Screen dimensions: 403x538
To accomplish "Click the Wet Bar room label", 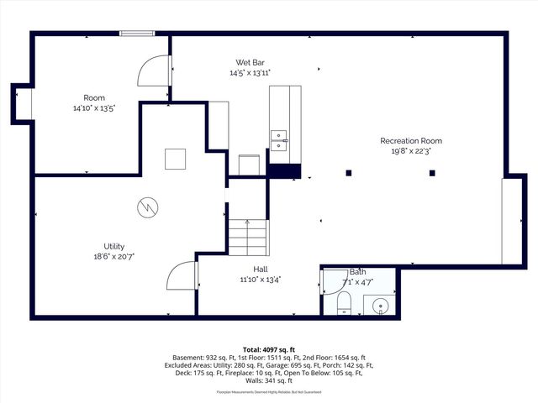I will [251, 62].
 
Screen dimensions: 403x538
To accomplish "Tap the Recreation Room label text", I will [411, 141].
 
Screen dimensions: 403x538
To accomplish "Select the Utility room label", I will [114, 246].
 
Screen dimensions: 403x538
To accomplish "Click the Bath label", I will [358, 272].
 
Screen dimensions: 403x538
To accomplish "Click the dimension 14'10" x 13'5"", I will [93, 108].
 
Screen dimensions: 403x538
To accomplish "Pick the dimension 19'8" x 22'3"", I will [411, 152].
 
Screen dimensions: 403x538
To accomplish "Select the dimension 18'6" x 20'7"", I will [114, 256].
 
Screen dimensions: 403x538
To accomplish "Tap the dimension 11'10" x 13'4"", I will [261, 280].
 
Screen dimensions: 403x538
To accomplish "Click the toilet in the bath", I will [344, 304].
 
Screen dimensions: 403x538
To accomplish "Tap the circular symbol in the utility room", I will [146, 207].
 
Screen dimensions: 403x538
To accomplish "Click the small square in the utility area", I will [175, 159].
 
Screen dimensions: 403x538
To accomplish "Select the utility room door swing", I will [182, 277].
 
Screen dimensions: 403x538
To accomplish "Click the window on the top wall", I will [137, 34].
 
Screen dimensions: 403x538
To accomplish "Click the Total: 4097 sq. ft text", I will [269, 348].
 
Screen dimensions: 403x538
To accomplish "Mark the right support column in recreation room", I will [432, 173].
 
